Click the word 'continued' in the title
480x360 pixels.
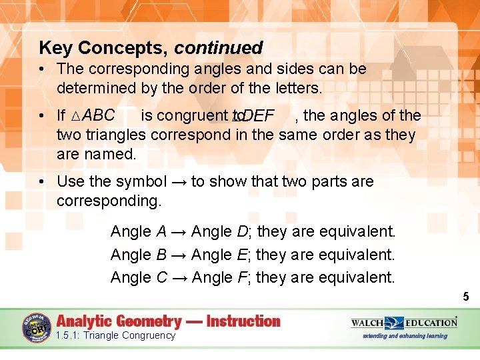(x=219, y=48)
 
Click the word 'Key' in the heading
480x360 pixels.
(x=56, y=48)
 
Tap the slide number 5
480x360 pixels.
(x=466, y=297)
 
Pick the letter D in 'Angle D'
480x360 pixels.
(x=242, y=231)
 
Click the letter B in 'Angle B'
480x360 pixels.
(x=161, y=254)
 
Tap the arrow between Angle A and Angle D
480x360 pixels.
(x=179, y=232)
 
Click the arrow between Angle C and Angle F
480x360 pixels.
(x=179, y=277)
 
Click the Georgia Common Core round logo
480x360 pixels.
(x=37, y=327)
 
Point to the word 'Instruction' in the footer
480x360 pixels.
(x=243, y=321)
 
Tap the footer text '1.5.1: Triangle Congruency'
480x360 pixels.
(x=115, y=335)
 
